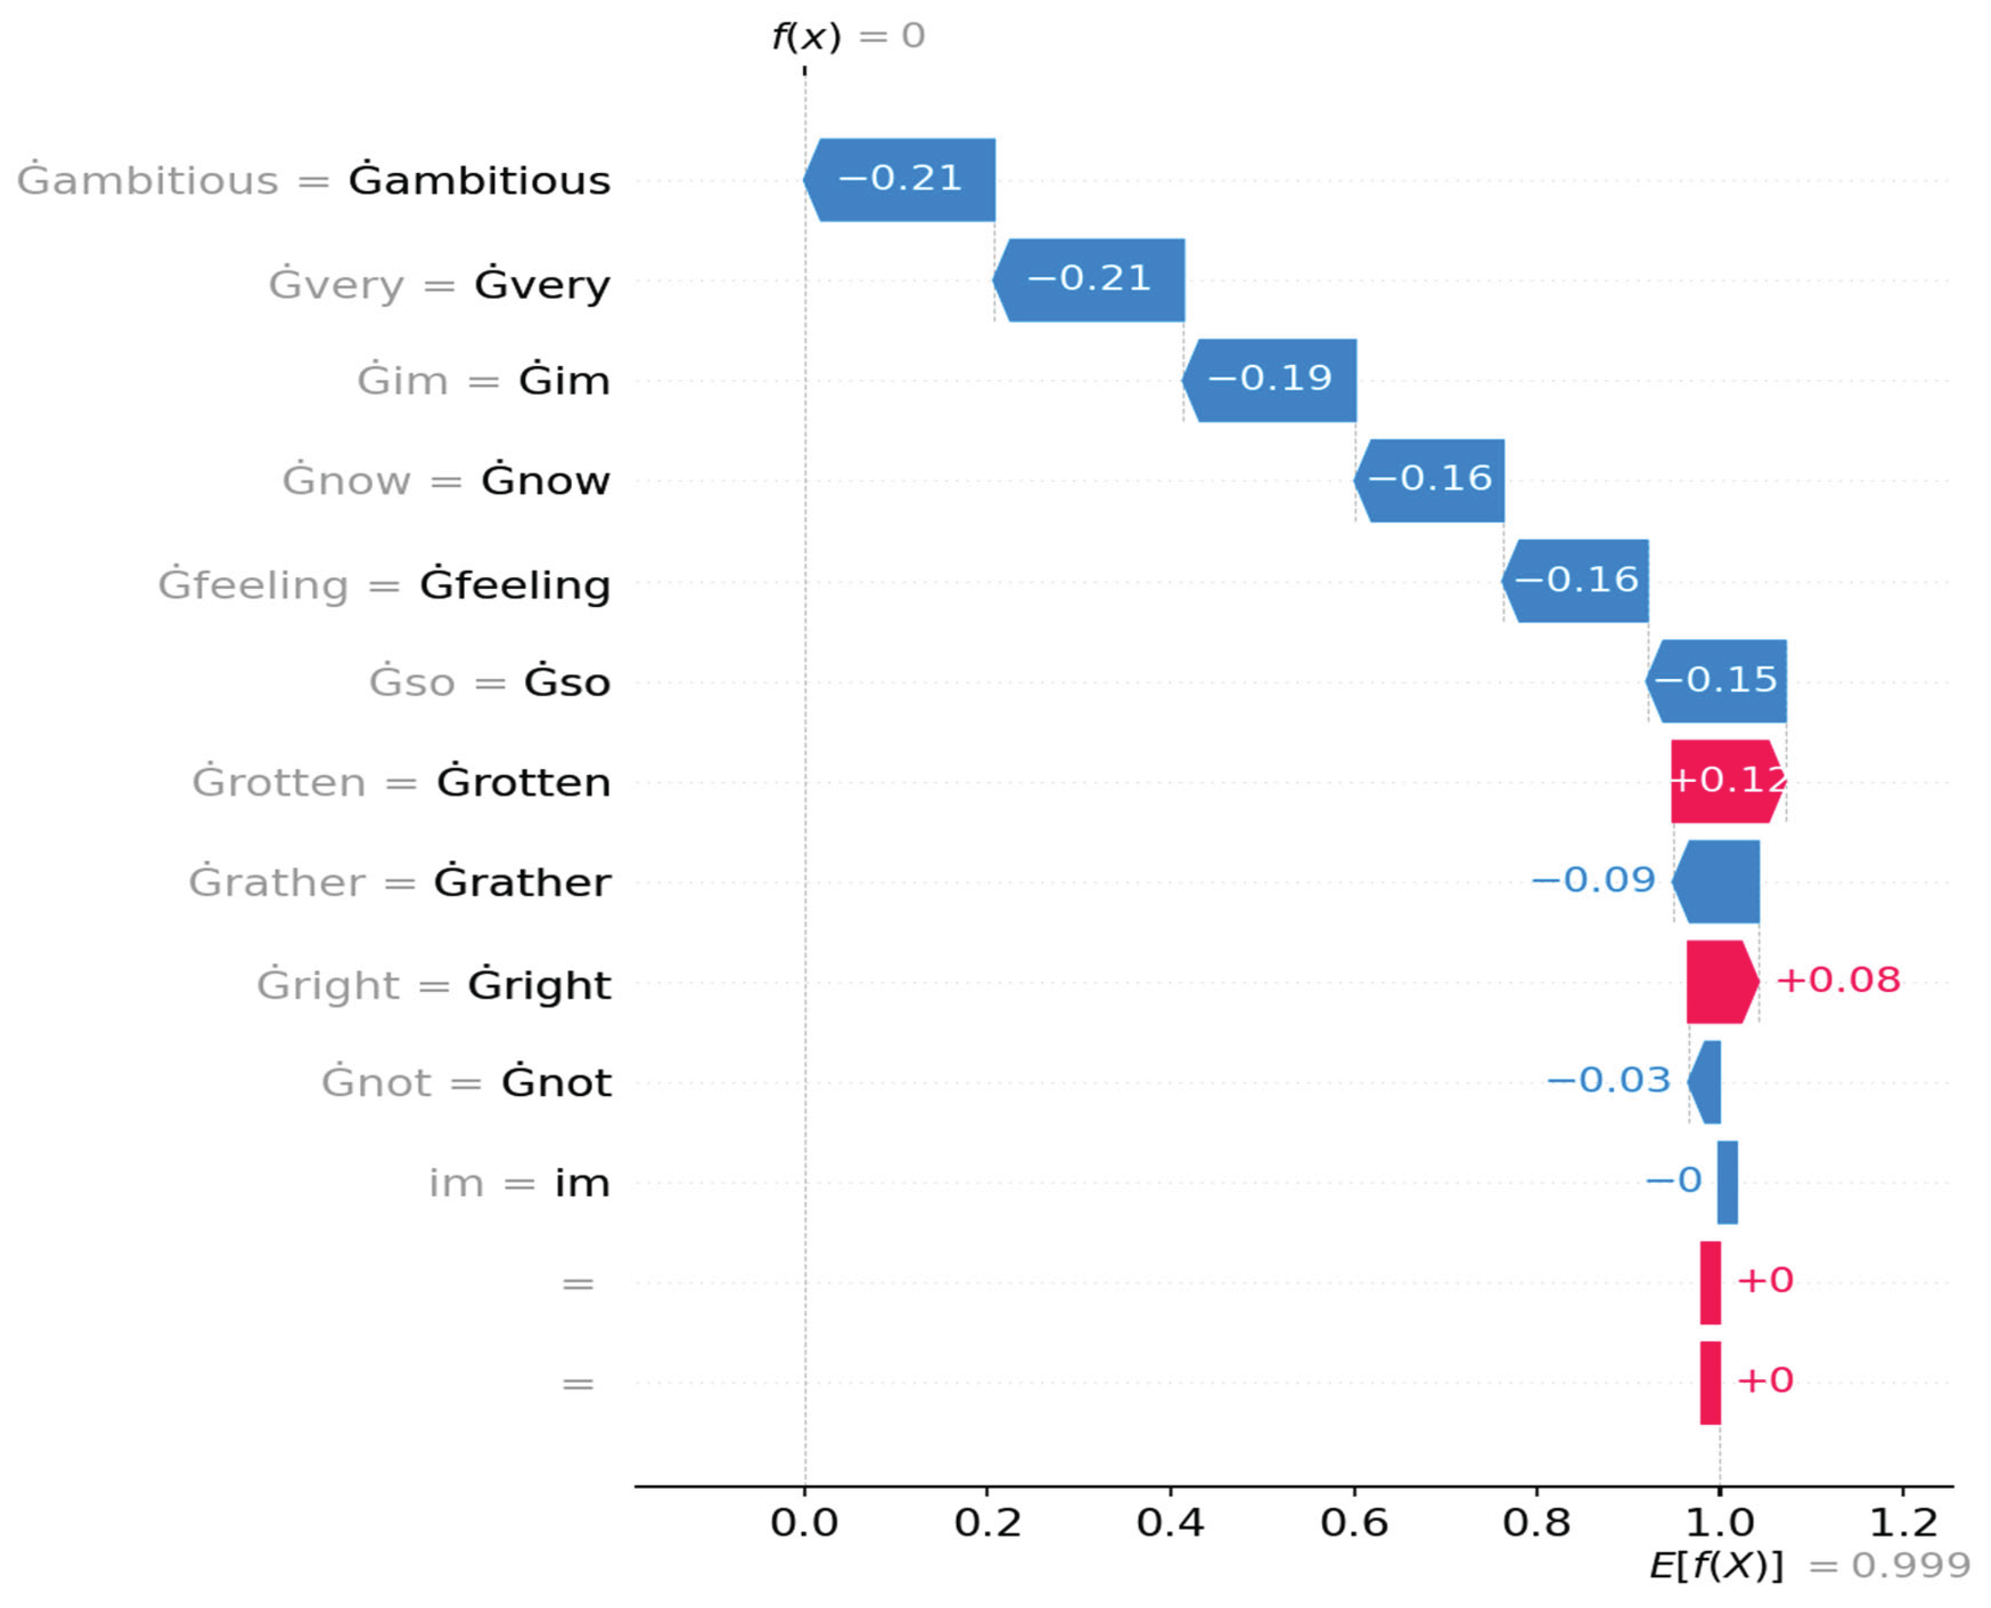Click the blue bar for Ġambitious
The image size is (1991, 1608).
[x=899, y=180]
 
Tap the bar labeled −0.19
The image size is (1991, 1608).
[x=1270, y=380]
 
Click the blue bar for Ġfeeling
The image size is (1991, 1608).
[x=1575, y=581]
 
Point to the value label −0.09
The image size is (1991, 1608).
[x=1593, y=880]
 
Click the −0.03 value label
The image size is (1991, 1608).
[x=1609, y=1080]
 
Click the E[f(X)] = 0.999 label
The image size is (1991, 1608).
[x=1809, y=1566]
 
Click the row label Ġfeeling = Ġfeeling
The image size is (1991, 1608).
[x=384, y=585]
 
